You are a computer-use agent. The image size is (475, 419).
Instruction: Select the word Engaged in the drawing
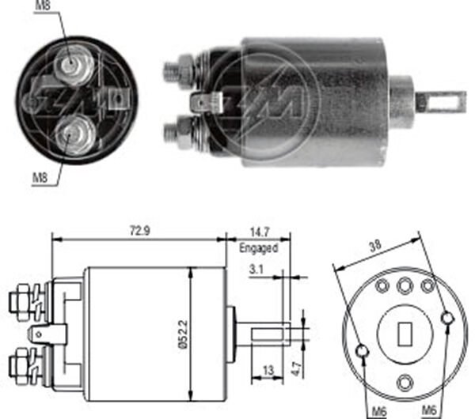pyautogui.click(x=259, y=247)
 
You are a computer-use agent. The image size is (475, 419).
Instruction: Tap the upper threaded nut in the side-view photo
pyautogui.click(x=181, y=70)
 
